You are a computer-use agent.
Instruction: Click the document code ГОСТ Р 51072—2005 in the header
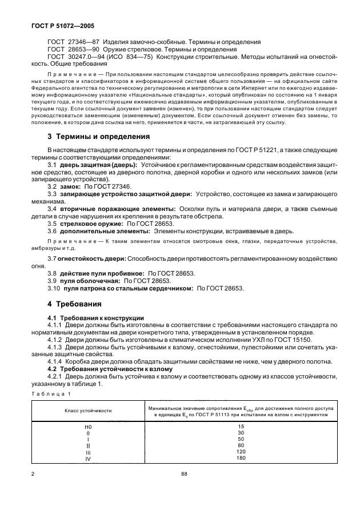pos(50,26)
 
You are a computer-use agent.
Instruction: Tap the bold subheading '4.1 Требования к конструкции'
pos(95,317)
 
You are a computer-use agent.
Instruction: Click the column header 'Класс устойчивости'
pos(87,411)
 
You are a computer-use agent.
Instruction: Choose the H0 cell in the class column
pos(87,427)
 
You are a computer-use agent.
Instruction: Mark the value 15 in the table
pos(241,427)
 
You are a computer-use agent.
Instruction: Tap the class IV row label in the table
pos(87,457)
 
